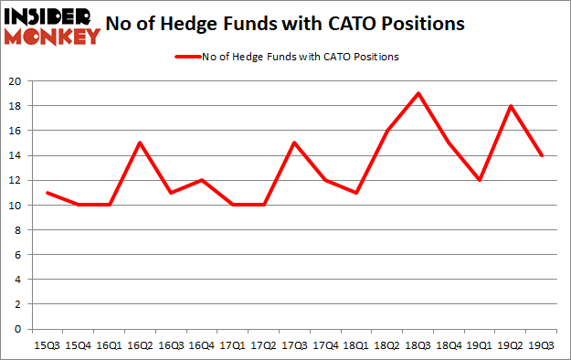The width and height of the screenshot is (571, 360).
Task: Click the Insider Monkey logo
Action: (51, 25)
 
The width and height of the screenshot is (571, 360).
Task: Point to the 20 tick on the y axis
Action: (16, 81)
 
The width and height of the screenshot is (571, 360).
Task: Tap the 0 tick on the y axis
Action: (18, 329)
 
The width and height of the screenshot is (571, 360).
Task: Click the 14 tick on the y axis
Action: (16, 155)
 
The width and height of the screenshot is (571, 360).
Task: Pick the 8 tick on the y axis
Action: (18, 230)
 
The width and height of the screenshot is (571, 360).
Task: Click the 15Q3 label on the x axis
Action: (47, 345)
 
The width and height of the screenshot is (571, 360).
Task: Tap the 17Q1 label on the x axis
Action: (234, 345)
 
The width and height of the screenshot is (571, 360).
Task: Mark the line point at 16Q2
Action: (141, 143)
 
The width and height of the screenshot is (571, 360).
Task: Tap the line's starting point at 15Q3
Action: (47, 193)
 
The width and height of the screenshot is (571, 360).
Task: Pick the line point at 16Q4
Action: (203, 180)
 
